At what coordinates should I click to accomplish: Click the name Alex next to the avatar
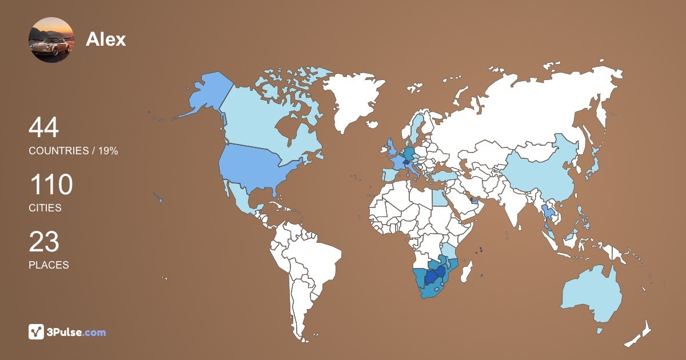click(x=106, y=39)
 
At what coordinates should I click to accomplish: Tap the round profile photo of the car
click(x=51, y=40)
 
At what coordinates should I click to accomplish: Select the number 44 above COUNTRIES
click(x=43, y=128)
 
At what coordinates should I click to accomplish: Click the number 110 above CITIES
click(x=51, y=185)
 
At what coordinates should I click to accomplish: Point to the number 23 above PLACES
click(x=44, y=242)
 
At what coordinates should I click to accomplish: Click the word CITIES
click(x=45, y=208)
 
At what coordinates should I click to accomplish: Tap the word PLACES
click(x=49, y=265)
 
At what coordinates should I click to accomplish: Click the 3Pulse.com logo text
click(x=76, y=332)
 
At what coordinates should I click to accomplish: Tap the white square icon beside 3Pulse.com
click(x=37, y=332)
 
